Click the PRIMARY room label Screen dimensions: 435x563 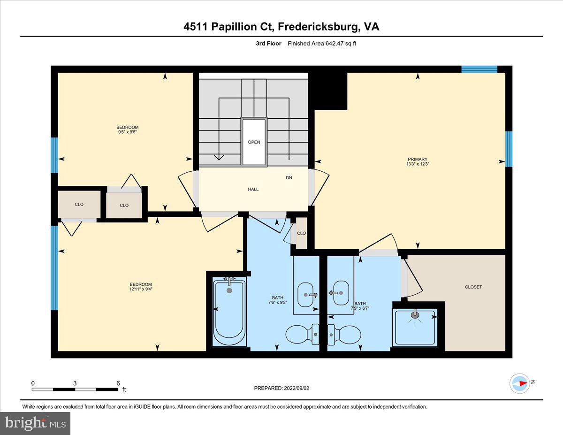[x=417, y=159]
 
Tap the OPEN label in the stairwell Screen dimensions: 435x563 [x=254, y=142]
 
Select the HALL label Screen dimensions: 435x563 [x=253, y=189]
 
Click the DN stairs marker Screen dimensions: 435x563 [x=289, y=178]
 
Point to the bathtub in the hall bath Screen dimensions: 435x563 [x=229, y=312]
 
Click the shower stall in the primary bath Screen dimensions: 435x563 [x=415, y=327]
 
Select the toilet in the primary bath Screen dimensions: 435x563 [x=345, y=334]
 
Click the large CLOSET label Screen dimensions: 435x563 [x=473, y=287]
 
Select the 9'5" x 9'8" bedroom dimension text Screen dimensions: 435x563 [x=128, y=132]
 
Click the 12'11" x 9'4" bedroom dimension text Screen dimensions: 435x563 [x=141, y=289]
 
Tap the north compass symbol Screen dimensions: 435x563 [x=520, y=383]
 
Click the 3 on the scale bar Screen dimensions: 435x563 [x=75, y=383]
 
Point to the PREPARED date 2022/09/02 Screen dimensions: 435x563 [x=281, y=388]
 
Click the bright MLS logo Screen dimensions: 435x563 [x=36, y=423]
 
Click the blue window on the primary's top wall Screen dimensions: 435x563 [x=479, y=69]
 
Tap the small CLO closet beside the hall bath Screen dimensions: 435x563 [x=301, y=233]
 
